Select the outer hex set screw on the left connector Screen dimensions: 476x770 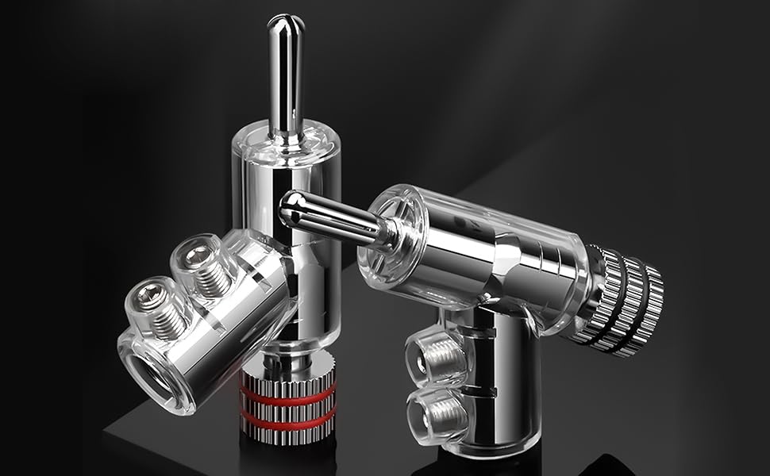[x=148, y=298]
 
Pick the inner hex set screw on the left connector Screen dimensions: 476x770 [x=194, y=259]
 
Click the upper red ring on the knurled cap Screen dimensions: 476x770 [x=288, y=393]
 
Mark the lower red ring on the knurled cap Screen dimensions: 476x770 [x=288, y=418]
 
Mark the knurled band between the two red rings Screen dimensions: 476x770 [x=288, y=405]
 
